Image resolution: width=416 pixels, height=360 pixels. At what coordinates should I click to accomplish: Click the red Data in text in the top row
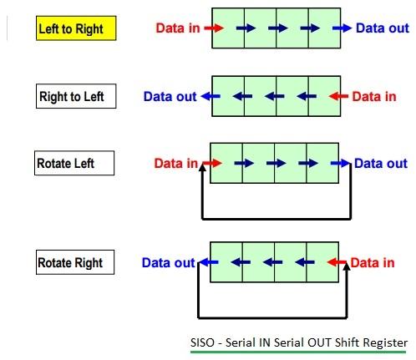pos(177,28)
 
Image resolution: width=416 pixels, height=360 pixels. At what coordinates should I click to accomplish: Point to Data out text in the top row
pos(382,28)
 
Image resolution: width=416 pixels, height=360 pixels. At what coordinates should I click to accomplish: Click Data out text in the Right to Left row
pos(170,96)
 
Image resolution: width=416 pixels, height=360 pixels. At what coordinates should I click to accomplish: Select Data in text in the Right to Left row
pos(373,96)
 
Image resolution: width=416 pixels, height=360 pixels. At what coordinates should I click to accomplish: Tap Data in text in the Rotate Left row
pos(176,164)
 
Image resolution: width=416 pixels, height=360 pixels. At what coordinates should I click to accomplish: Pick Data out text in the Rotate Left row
pos(381,164)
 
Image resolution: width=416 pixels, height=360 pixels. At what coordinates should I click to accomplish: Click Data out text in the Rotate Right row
pos(168,263)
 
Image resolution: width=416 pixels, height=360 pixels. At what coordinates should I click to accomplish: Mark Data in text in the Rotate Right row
pos(372,263)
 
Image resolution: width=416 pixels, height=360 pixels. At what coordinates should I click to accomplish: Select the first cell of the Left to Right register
pos(228,28)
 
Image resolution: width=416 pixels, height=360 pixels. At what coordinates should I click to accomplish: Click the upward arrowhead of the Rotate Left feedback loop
pos(202,170)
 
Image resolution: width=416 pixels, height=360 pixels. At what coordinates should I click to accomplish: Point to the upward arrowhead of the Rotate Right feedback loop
pos(342,269)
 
